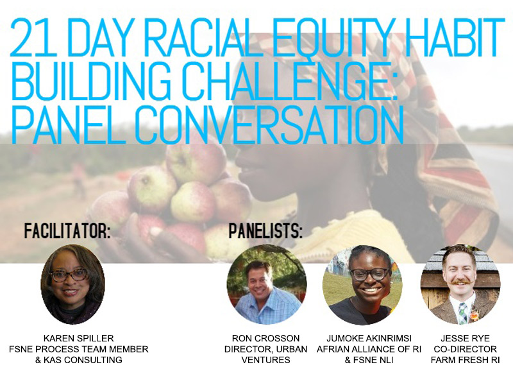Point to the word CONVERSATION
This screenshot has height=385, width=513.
(269, 124)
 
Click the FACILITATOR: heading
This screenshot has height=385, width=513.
(67, 231)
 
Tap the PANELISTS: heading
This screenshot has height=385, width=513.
(265, 231)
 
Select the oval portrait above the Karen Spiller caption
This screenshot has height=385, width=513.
(72, 284)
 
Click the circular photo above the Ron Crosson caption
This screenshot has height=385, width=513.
(267, 284)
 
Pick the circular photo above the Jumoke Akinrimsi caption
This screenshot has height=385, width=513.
(362, 284)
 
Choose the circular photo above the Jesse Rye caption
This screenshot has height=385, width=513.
(460, 284)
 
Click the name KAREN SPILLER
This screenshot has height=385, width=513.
(78, 338)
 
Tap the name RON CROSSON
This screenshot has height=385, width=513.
(265, 338)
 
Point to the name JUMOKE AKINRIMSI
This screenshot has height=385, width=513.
(369, 338)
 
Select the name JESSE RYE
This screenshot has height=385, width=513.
(466, 338)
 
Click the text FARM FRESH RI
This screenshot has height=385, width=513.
(466, 360)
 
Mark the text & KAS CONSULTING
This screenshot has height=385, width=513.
(78, 360)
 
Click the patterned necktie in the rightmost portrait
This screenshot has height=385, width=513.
(462, 313)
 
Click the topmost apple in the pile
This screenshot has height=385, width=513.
(196, 159)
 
